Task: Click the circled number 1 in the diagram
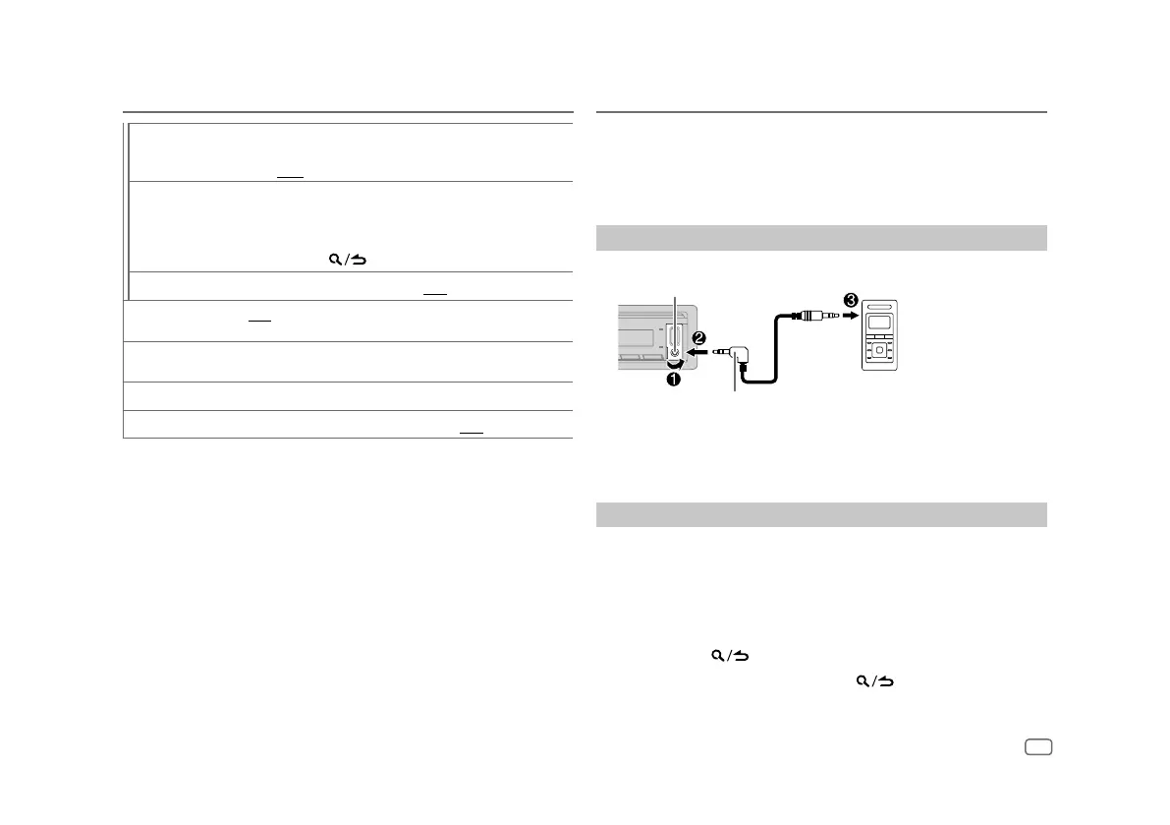[x=675, y=376]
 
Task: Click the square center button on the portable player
[x=880, y=348]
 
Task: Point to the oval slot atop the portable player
[x=880, y=306]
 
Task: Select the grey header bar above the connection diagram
[x=821, y=238]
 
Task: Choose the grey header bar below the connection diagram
[x=821, y=514]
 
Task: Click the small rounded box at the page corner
[x=1037, y=747]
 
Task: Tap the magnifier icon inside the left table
[x=336, y=260]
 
